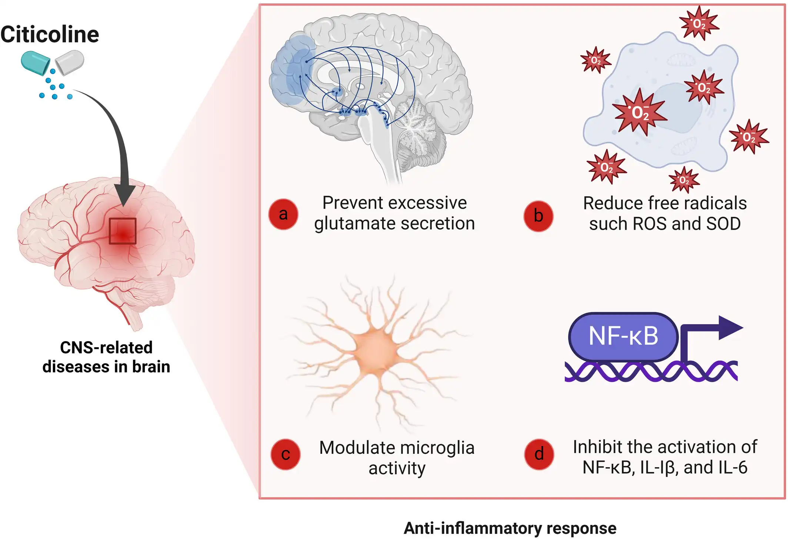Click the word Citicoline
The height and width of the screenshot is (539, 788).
(x=50, y=34)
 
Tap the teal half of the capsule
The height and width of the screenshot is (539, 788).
(x=35, y=63)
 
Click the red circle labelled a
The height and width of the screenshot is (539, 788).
(x=283, y=214)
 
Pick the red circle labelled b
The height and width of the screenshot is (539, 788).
(x=538, y=216)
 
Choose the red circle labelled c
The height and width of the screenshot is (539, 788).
(x=286, y=455)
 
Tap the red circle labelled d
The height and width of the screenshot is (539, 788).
(x=539, y=454)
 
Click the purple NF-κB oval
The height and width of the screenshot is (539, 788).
(x=624, y=336)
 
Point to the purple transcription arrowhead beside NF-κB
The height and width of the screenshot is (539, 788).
(x=730, y=327)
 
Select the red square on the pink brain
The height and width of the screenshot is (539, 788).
(x=123, y=231)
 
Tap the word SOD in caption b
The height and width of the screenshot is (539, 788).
(x=723, y=224)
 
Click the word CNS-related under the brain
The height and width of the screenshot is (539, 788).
(x=106, y=348)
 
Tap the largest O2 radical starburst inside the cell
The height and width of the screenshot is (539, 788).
(x=640, y=112)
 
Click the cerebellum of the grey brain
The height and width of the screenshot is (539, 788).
(x=418, y=130)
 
